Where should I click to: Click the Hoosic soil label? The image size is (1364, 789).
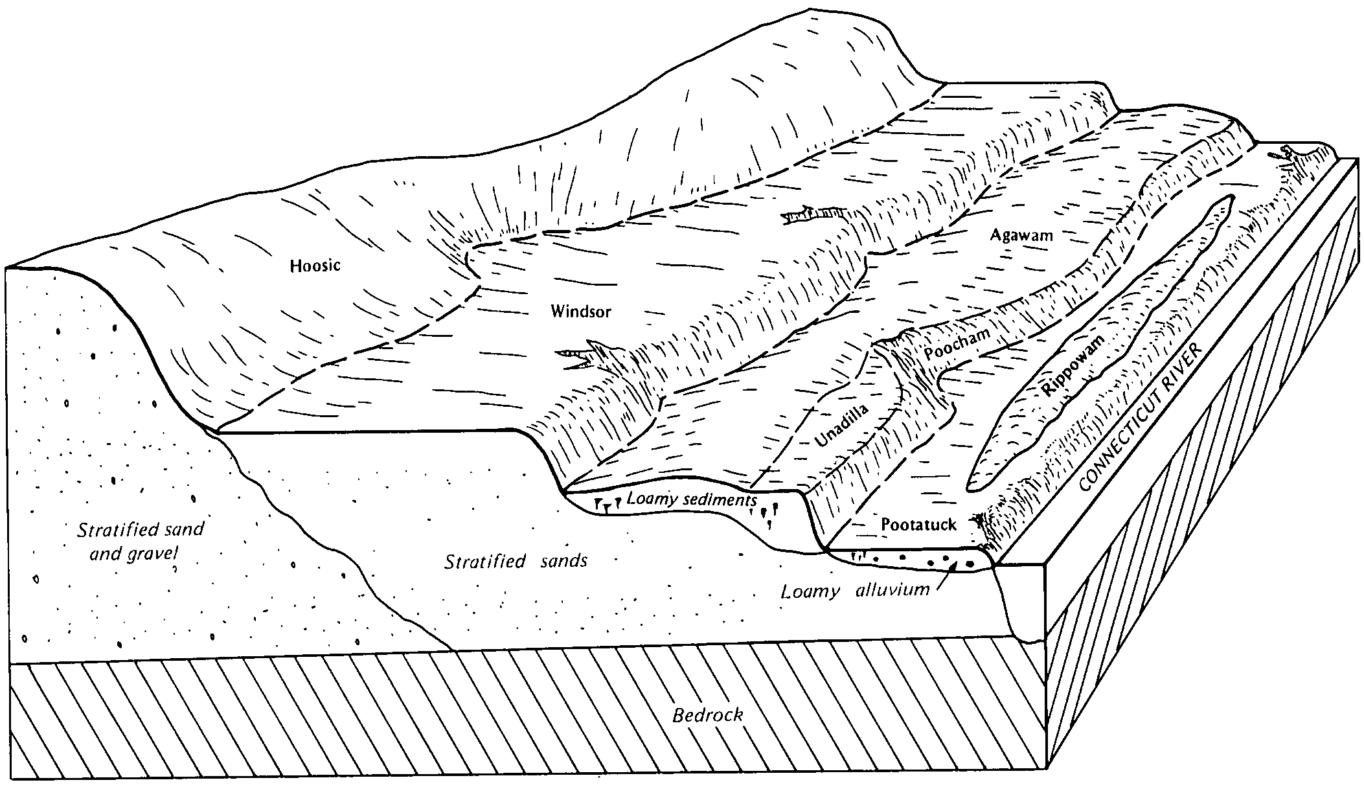(x=315, y=266)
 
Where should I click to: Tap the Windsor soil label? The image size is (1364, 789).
(x=581, y=312)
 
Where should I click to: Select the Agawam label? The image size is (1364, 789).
(x=1022, y=236)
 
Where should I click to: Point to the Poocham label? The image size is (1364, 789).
(x=957, y=344)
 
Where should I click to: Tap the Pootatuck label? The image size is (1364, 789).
(x=918, y=525)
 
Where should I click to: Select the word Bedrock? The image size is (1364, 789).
(x=707, y=716)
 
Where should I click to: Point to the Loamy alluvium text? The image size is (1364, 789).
(x=855, y=591)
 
